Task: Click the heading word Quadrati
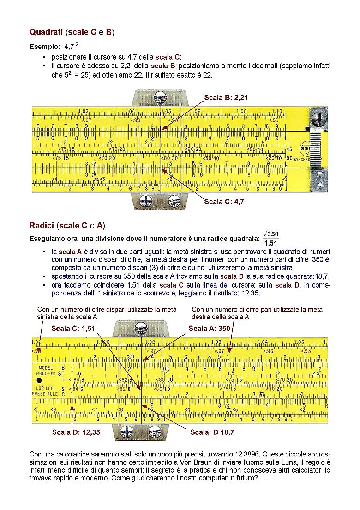(x=46, y=32)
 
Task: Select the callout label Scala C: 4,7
(x=224, y=201)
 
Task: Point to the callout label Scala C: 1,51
(x=73, y=328)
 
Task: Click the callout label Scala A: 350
(x=209, y=328)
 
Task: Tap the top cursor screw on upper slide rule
(x=160, y=97)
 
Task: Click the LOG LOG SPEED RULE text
(x=45, y=391)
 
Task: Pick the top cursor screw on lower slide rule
(x=141, y=329)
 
